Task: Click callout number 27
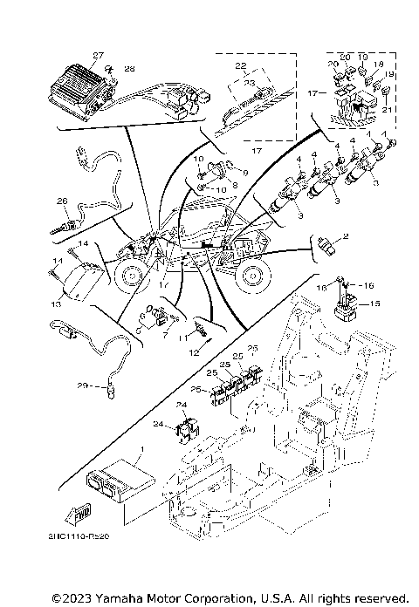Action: pyautogui.click(x=98, y=55)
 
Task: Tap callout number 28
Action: pyautogui.click(x=129, y=68)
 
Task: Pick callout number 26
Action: pyautogui.click(x=62, y=201)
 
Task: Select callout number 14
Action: pyautogui.click(x=85, y=243)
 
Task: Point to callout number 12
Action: pyautogui.click(x=196, y=353)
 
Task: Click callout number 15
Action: pyautogui.click(x=376, y=303)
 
